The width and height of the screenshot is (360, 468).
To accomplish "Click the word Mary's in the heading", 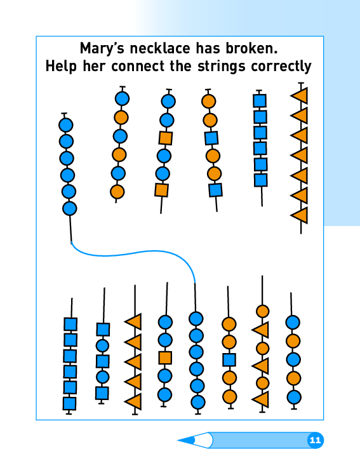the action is point(102,48).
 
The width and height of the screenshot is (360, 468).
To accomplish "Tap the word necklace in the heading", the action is point(160,48).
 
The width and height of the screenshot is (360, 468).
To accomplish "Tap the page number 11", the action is point(315,440).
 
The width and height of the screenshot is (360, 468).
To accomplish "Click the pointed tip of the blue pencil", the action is point(178,440).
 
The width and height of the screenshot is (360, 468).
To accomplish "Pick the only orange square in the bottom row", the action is point(165,358).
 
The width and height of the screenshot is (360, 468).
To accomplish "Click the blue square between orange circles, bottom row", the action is point(229,360).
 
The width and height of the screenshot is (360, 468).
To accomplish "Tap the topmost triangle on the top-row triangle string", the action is point(300,96).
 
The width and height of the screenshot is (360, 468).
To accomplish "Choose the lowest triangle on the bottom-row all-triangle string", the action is point(133,401).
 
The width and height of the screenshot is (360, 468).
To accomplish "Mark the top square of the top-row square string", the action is point(260,101).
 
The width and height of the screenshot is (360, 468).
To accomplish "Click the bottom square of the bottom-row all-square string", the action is point(70,403).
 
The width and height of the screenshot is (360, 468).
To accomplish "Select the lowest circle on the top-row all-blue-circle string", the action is point(70,208).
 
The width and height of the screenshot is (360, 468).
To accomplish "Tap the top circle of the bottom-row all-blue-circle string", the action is point(196,319).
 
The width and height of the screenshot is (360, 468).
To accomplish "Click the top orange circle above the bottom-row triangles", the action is point(263,311).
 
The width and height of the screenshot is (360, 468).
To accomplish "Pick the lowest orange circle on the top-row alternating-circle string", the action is point(117,192).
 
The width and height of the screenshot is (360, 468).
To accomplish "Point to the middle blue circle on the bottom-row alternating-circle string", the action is point(293,359).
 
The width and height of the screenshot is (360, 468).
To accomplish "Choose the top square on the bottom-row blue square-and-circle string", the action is point(103,330).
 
